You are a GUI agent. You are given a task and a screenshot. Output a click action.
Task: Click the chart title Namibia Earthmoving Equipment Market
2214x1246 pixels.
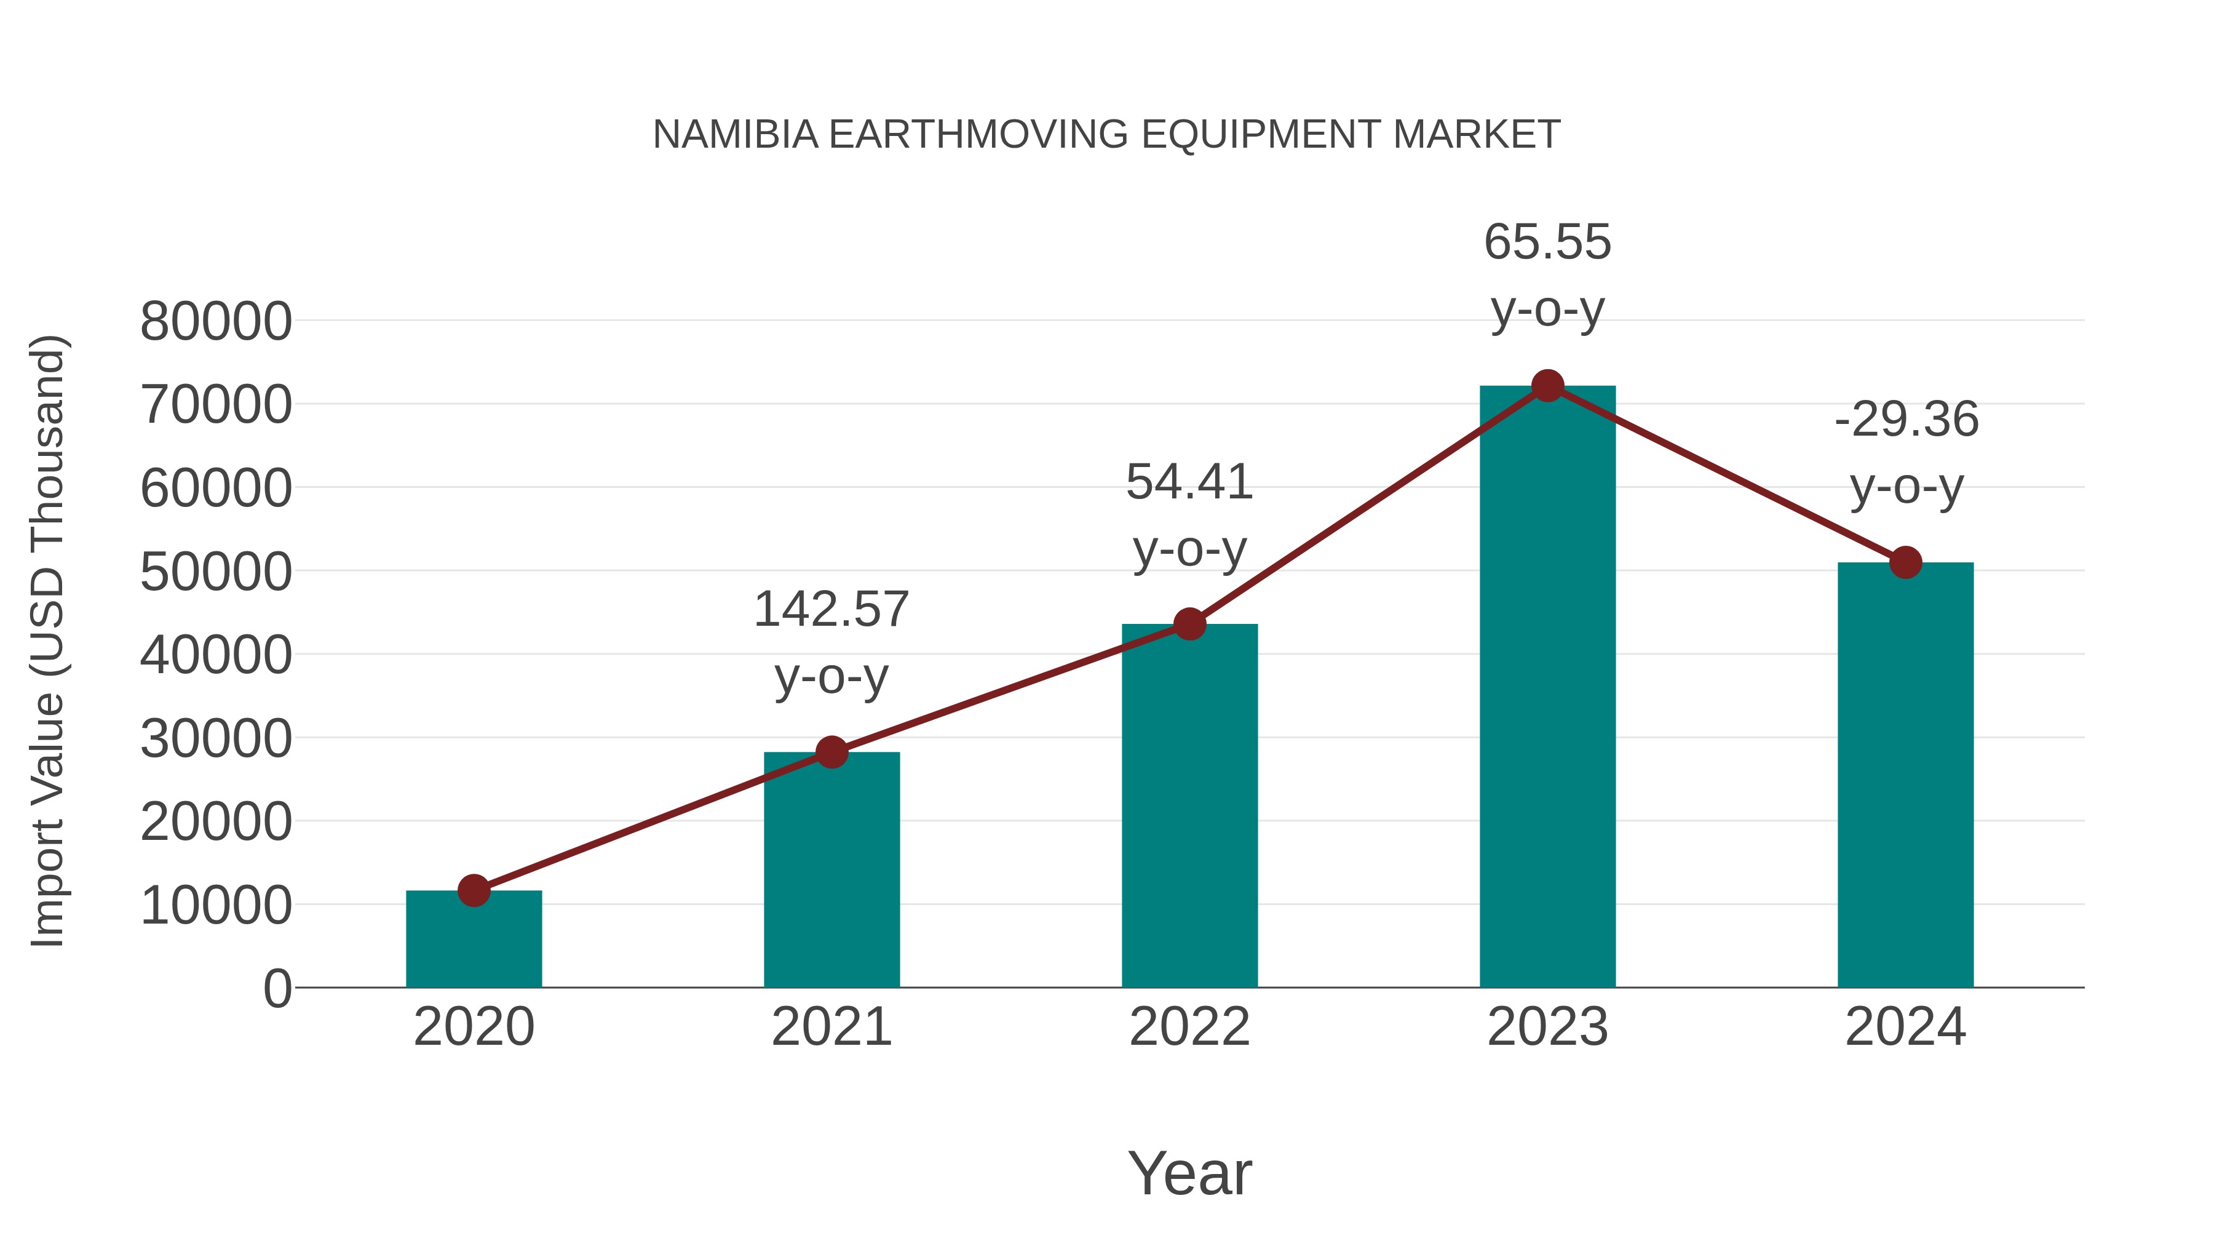(1106, 135)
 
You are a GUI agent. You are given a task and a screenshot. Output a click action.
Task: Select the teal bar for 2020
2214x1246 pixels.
(474, 941)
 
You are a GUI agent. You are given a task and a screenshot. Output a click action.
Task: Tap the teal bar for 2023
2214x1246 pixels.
(1547, 688)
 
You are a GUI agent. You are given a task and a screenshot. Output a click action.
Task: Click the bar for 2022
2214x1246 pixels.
(1189, 809)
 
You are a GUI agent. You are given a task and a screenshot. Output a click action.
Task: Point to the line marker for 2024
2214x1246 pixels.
(1905, 562)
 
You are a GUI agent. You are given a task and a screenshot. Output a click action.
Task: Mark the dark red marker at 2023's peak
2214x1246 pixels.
(1547, 386)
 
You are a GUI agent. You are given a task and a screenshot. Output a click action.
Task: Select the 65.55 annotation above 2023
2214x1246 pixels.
(1547, 242)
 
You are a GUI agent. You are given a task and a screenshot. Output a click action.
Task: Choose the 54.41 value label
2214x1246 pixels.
(1189, 482)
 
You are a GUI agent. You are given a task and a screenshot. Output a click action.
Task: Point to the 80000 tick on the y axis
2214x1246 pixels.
(216, 322)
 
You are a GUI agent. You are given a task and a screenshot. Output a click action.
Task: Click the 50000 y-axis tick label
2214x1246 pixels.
(216, 572)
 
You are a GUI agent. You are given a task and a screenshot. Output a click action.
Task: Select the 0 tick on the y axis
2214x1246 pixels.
(277, 989)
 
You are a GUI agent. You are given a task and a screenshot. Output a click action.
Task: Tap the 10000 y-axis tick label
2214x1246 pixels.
(216, 906)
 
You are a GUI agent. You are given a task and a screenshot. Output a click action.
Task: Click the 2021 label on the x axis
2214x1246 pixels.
(831, 1027)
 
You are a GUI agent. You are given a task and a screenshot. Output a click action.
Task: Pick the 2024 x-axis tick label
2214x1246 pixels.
(1905, 1027)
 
